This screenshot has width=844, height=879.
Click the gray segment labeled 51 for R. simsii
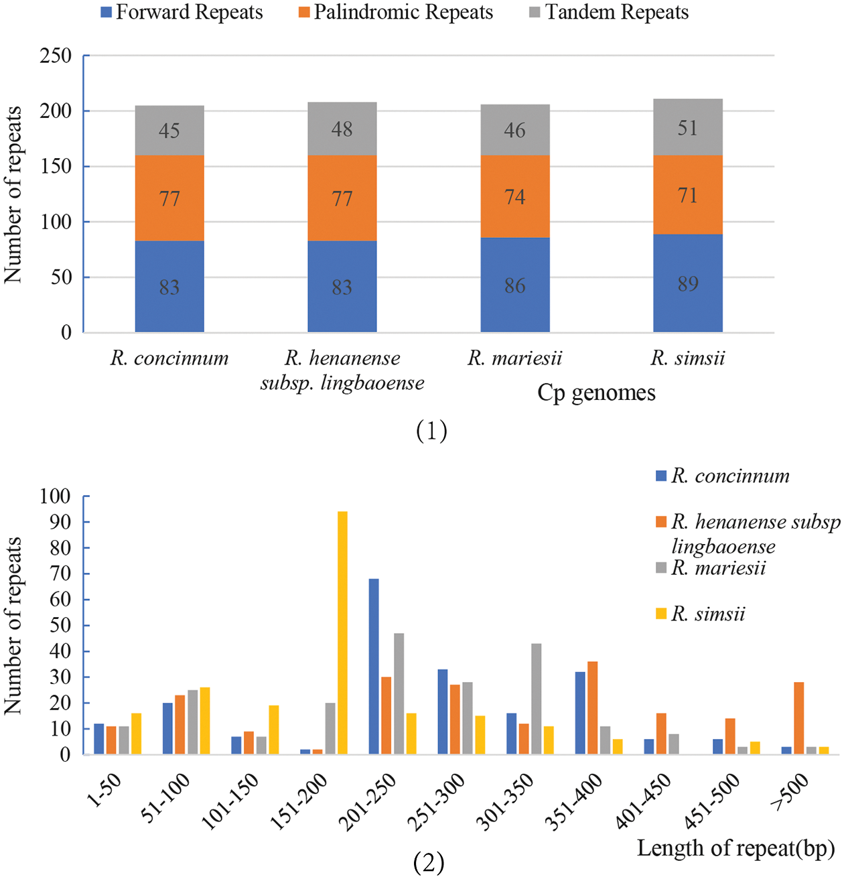point(688,127)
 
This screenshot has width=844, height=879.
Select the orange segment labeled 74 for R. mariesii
point(515,196)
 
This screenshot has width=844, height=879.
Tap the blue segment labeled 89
point(688,283)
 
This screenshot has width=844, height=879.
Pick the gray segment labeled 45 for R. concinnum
point(169,130)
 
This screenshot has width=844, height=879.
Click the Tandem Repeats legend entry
point(609,12)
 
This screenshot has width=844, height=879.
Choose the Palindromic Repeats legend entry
point(396,12)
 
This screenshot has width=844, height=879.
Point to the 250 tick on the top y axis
point(56,56)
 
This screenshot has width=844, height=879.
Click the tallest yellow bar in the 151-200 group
point(342,632)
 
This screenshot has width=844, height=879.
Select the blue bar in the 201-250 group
point(374,667)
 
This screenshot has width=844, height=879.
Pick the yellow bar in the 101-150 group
point(273,730)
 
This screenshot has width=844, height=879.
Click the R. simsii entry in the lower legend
point(701,614)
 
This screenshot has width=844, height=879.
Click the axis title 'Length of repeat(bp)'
point(735,848)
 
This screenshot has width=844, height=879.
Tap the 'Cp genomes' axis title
point(596,393)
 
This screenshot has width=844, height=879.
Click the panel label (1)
point(431,431)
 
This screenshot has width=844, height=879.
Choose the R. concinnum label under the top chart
point(169,358)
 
